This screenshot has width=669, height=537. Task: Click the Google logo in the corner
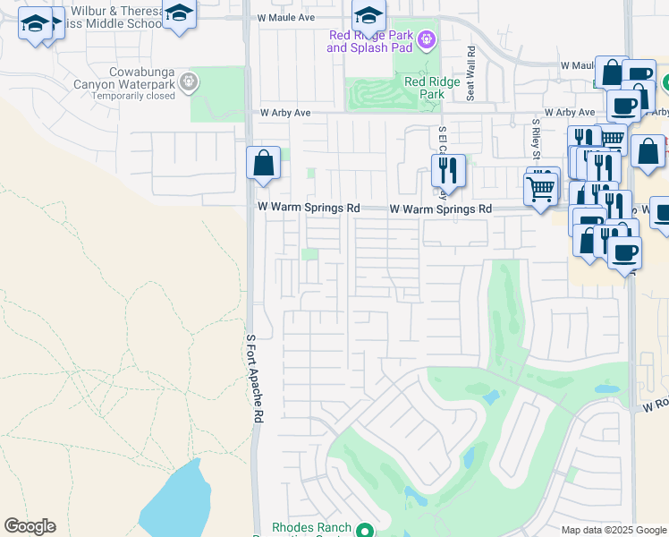coord(30,526)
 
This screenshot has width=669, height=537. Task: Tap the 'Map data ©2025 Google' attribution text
coord(614,530)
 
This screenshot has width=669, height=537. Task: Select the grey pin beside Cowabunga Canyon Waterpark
coord(188,82)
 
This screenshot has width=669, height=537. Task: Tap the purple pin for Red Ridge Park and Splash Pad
coord(426,39)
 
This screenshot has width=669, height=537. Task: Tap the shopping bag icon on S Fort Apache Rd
coord(263,164)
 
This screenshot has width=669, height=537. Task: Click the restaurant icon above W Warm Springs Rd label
coord(448,170)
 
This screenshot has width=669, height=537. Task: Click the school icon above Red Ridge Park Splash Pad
coord(368,14)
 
